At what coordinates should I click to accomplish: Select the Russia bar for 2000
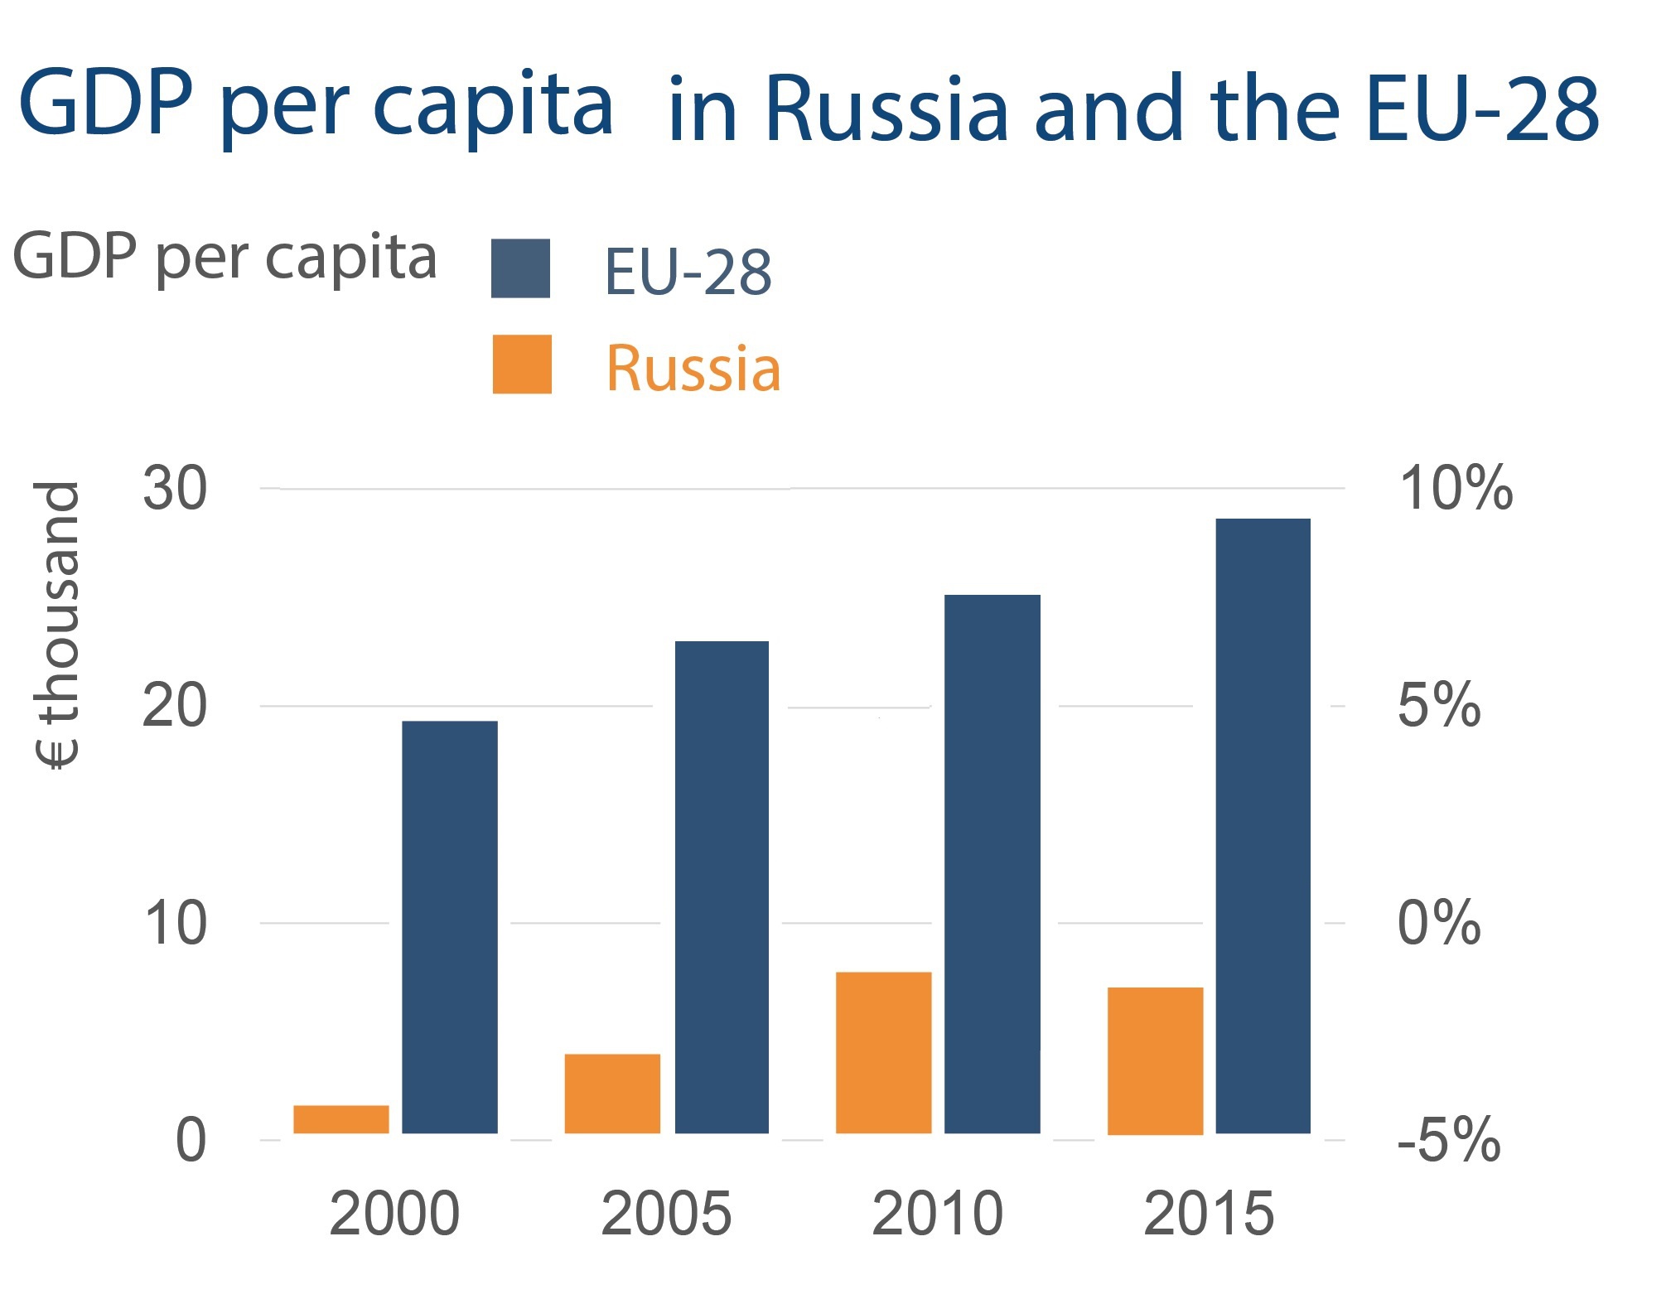point(341,1119)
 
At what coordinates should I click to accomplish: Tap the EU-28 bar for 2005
point(722,886)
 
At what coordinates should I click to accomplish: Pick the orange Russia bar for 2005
point(612,1093)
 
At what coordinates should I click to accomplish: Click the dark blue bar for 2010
point(992,863)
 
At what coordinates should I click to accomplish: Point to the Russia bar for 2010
point(883,1052)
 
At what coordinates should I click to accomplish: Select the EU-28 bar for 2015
point(1263,825)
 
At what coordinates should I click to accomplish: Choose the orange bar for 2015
point(1155,1060)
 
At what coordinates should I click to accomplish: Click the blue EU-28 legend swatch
point(520,268)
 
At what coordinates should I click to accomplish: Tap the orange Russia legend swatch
point(522,365)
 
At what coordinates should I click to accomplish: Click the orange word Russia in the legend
point(693,368)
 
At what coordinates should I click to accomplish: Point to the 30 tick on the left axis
point(174,489)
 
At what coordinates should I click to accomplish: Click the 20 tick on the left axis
point(174,706)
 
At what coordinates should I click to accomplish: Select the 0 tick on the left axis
point(191,1140)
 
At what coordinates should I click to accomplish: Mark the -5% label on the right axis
point(1449,1141)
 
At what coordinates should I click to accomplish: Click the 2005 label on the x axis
point(666,1214)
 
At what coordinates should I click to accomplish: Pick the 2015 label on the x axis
point(1209,1214)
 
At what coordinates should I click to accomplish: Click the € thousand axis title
point(57,625)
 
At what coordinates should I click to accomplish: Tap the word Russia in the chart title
point(885,109)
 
